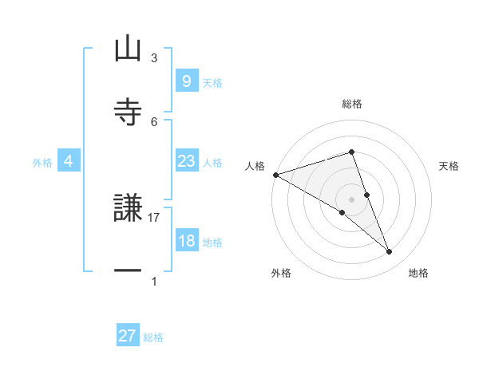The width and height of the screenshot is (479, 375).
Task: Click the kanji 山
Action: (x=128, y=49)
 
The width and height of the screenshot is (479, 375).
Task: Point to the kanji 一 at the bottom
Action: (x=128, y=271)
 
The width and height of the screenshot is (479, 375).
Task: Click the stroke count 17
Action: (x=154, y=216)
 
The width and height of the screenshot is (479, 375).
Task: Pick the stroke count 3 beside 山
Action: (x=154, y=57)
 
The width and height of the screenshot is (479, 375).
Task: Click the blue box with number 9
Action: (x=186, y=81)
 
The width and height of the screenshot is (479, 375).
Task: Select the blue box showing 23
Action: (x=186, y=161)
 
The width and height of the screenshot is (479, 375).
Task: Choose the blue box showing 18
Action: (x=186, y=241)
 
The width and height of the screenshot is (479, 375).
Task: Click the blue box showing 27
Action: (x=128, y=336)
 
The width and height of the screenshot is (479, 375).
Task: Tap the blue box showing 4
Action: (x=68, y=161)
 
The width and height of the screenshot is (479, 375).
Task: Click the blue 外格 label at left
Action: (x=42, y=162)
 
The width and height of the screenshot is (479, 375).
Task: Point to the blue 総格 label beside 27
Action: (x=153, y=337)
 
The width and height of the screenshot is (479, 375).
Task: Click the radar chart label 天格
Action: (x=449, y=166)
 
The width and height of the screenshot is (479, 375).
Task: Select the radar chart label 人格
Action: (x=255, y=166)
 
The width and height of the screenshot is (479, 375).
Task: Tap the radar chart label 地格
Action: (x=418, y=273)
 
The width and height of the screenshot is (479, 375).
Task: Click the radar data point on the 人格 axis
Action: (x=275, y=174)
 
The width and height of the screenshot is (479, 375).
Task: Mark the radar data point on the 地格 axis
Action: (x=390, y=252)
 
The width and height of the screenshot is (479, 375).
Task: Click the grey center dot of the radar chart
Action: (x=351, y=199)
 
